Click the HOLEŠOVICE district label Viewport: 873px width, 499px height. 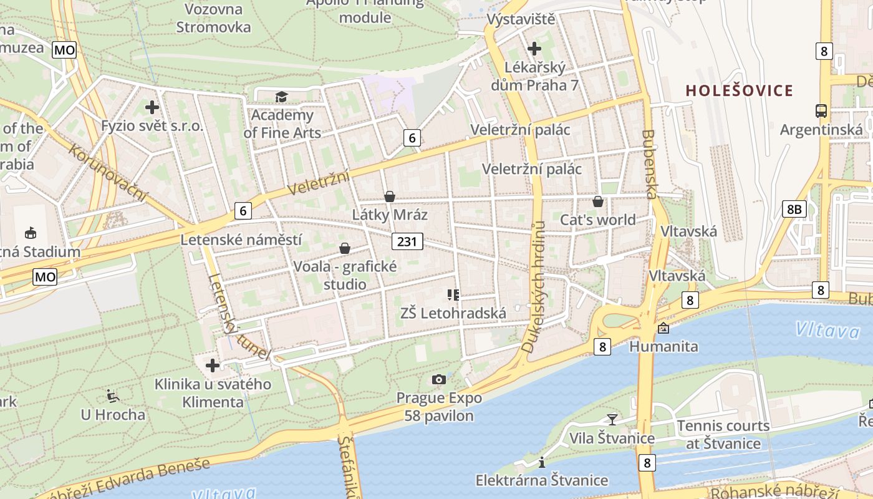click(x=740, y=91)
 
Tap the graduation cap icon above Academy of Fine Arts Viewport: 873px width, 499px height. click(x=282, y=97)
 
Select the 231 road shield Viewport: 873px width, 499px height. click(x=408, y=241)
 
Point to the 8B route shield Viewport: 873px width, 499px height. click(x=794, y=209)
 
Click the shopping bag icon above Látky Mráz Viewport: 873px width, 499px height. click(x=390, y=196)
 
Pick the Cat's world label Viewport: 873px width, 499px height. click(x=597, y=220)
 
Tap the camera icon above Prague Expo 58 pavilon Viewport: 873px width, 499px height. click(x=439, y=379)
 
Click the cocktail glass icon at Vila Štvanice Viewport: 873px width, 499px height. click(x=612, y=419)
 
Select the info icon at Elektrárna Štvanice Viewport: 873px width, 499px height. click(x=542, y=462)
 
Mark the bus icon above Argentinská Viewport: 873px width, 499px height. click(x=821, y=111)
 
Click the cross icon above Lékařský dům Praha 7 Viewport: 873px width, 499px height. click(x=534, y=48)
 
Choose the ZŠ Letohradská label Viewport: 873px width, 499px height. click(x=453, y=313)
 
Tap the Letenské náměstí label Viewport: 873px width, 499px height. click(x=241, y=240)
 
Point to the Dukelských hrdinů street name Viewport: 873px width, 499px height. click(x=534, y=287)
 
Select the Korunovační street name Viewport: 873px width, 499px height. click(x=107, y=173)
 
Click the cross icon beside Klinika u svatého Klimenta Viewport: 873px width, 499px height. click(x=213, y=366)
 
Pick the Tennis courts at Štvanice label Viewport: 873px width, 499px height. click(x=723, y=435)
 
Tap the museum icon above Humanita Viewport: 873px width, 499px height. click(x=663, y=328)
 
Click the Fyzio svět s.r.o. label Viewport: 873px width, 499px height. click(x=152, y=126)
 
